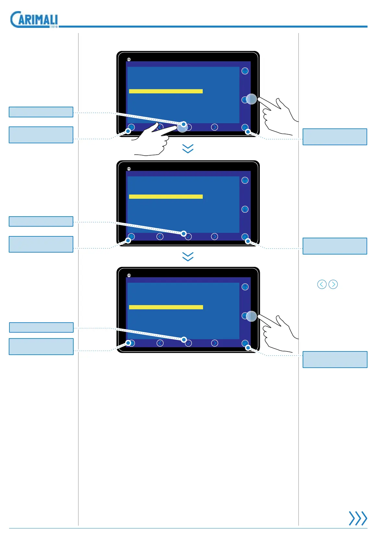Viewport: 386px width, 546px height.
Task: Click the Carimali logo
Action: pyautogui.click(x=34, y=19)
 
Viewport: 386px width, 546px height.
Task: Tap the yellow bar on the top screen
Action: pyautogui.click(x=166, y=91)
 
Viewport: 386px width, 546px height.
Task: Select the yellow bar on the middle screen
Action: pyautogui.click(x=166, y=196)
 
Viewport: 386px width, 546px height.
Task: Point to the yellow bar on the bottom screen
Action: pyautogui.click(x=166, y=307)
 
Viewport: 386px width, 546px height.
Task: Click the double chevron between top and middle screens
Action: pyautogui.click(x=188, y=148)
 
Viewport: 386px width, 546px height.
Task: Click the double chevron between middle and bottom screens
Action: pyautogui.click(x=188, y=256)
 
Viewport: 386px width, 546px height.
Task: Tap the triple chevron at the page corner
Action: pyautogui.click(x=358, y=518)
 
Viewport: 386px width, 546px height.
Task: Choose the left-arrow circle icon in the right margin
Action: pyautogui.click(x=322, y=284)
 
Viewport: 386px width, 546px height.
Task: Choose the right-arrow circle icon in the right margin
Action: pyautogui.click(x=333, y=284)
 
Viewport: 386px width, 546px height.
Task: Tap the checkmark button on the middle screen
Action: pyautogui.click(x=188, y=237)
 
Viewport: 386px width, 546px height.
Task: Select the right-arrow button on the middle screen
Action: pyautogui.click(x=214, y=237)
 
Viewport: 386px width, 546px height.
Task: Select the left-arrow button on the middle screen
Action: pyautogui.click(x=160, y=237)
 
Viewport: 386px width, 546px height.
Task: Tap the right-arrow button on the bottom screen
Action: pyautogui.click(x=214, y=343)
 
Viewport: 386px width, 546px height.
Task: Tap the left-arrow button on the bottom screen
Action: pyautogui.click(x=160, y=343)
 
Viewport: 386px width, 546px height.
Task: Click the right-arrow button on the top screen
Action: pyautogui.click(x=214, y=127)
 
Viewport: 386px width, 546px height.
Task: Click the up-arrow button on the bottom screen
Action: pyautogui.click(x=245, y=287)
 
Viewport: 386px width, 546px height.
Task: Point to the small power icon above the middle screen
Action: pyautogui.click(x=129, y=169)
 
